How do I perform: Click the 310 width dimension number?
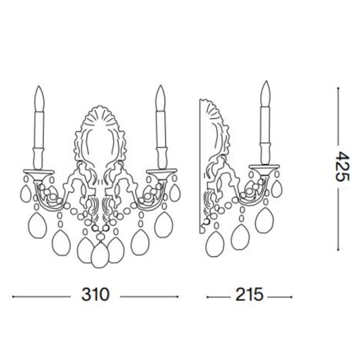96,295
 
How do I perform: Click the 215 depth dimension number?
249,295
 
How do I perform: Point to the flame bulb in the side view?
265,94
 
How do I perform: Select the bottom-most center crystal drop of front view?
100,255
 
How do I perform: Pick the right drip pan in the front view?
162,172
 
